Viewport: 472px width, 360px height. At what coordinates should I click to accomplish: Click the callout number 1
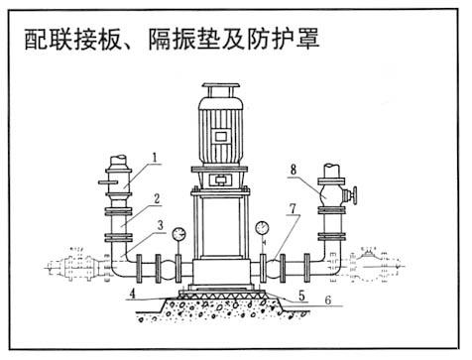[157, 156]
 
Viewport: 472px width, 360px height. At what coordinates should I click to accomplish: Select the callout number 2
[157, 198]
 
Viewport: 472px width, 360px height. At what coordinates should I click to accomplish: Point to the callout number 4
[130, 293]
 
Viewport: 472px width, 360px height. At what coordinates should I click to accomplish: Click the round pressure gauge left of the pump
[178, 235]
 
